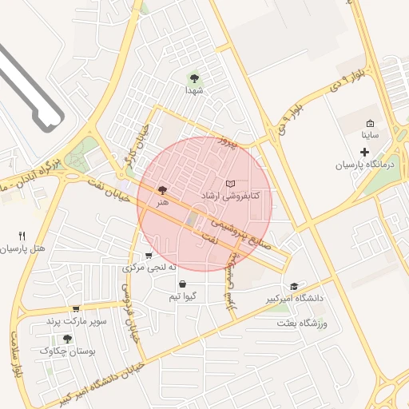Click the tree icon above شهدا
tap(194, 78)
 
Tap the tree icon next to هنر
tap(163, 190)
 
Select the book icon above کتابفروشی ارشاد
tap(231, 184)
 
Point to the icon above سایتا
tap(370, 123)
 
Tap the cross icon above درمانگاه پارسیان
tap(365, 152)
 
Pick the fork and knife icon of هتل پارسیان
tap(22, 236)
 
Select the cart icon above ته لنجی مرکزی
tap(149, 256)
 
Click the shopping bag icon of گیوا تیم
tap(183, 284)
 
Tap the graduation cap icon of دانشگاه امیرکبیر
tap(294, 286)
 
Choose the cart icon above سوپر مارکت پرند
tap(76, 309)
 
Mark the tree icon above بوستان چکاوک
tap(66, 338)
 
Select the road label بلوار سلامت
tap(15, 355)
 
